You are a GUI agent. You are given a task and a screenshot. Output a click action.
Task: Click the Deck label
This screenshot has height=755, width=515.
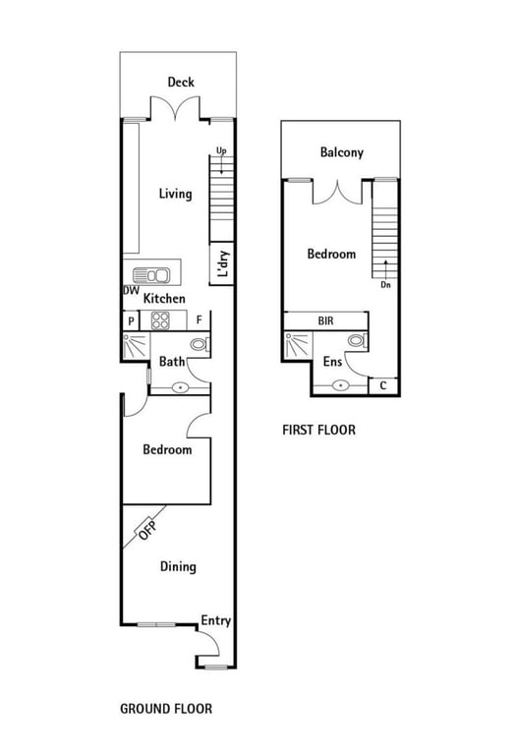pyautogui.click(x=181, y=82)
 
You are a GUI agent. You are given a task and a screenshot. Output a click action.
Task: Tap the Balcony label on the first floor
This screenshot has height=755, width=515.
pyautogui.click(x=342, y=152)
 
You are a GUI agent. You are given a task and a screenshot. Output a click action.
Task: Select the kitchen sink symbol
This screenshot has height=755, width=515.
pyautogui.click(x=151, y=275)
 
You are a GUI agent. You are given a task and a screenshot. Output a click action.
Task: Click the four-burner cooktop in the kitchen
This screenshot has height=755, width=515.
pyautogui.click(x=160, y=320)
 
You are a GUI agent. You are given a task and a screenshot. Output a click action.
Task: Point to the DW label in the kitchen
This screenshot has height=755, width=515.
pyautogui.click(x=131, y=290)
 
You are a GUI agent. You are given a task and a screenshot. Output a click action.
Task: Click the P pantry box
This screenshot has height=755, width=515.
pyautogui.click(x=131, y=320)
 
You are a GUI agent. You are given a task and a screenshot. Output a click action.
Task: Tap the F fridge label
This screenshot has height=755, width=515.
pyautogui.click(x=200, y=320)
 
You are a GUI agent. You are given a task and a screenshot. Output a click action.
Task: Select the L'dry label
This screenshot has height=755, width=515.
pyautogui.click(x=223, y=263)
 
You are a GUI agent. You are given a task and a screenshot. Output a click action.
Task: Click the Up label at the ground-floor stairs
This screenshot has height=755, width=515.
pyautogui.click(x=221, y=151)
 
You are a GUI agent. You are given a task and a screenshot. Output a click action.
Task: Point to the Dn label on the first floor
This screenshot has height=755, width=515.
pyautogui.click(x=385, y=285)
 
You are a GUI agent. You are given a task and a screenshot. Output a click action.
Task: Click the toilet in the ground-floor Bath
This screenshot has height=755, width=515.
pyautogui.click(x=200, y=344)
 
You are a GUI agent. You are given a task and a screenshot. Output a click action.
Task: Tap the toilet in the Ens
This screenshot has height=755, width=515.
pyautogui.click(x=358, y=340)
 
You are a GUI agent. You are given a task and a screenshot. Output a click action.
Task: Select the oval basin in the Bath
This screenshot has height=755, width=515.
pyautogui.click(x=181, y=387)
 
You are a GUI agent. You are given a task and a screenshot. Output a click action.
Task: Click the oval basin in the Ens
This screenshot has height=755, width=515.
pyautogui.click(x=341, y=385)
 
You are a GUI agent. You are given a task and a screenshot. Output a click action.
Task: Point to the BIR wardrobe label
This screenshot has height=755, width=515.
pyautogui.click(x=326, y=320)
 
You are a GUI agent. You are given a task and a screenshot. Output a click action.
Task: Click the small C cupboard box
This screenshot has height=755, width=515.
pyautogui.click(x=383, y=386)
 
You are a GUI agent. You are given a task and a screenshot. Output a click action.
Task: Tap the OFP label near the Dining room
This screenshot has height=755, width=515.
pyautogui.click(x=146, y=531)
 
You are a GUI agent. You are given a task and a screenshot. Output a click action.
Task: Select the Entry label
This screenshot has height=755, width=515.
pyautogui.click(x=215, y=621)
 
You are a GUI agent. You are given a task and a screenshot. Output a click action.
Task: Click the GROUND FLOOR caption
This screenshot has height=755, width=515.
pyautogui.click(x=166, y=709)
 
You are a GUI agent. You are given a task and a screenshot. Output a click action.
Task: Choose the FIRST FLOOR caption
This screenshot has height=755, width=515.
pyautogui.click(x=318, y=430)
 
